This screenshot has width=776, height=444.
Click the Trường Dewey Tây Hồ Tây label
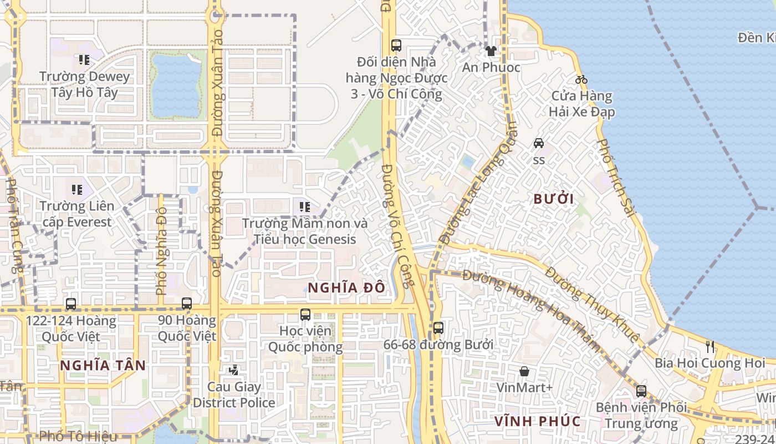coord(84,84)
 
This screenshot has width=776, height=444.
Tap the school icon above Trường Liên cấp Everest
coord(77,190)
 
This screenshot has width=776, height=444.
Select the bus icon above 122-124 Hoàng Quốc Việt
coord(71,304)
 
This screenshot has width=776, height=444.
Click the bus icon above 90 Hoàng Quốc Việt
coord(187,304)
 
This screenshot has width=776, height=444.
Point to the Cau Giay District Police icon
coord(234,370)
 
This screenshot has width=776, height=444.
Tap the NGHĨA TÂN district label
coord(103,366)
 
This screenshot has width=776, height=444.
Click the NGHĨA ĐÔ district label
coord(346,287)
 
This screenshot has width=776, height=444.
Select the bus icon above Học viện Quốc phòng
coord(305,315)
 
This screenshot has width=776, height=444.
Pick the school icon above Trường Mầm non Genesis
coord(304,207)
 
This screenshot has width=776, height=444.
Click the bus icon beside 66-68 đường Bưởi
coord(438,328)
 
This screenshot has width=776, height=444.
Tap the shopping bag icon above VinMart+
coord(524,371)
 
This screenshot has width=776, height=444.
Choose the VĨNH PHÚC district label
coord(537,421)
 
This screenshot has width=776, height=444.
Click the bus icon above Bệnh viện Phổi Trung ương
coord(641,391)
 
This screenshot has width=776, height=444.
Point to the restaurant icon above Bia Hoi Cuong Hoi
coord(710,347)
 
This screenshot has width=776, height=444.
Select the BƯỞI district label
coord(553,199)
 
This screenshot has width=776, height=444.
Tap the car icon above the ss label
coord(539,143)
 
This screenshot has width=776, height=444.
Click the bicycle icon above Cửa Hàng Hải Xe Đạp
coord(581,79)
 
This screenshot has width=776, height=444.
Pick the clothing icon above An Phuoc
coord(491,51)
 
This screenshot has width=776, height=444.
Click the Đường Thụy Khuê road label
coord(592,304)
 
